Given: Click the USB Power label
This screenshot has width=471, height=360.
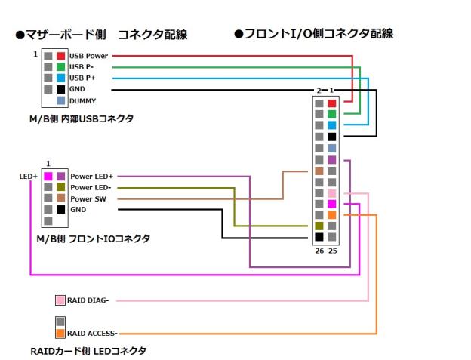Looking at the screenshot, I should (88, 56).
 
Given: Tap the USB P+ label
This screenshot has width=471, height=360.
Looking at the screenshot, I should (83, 78).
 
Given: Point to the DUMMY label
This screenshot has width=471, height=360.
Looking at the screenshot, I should (82, 101).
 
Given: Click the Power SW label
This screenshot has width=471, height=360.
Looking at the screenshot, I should (88, 198).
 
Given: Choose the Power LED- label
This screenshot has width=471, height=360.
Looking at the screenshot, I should (91, 187).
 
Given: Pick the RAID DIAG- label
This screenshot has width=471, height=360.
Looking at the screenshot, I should (88, 300).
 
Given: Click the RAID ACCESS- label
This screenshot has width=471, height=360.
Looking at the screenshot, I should (92, 333).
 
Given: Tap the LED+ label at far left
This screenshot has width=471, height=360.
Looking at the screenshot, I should (29, 177).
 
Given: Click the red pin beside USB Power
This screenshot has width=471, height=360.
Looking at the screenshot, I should (60, 56).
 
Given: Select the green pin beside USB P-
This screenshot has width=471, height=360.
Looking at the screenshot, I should (60, 67).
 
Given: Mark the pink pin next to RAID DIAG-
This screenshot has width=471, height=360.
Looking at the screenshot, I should (60, 300).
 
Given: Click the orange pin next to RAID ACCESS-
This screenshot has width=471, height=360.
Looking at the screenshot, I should (60, 333).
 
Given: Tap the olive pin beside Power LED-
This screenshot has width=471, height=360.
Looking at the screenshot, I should (60, 187).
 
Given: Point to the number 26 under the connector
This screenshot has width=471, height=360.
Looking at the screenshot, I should (319, 250).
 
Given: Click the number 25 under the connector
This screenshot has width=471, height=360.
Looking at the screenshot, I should (331, 250).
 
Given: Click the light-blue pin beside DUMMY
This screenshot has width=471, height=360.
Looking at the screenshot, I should (60, 100).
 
